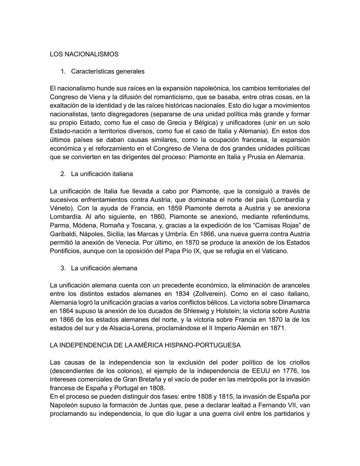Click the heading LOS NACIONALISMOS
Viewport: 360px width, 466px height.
pyautogui.click(x=84, y=54)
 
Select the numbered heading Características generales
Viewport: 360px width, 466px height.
pyautogui.click(x=108, y=71)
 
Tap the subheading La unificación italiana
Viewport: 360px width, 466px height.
pyautogui.click(x=102, y=174)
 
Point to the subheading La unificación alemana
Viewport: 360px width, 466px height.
pyautogui.click(x=104, y=268)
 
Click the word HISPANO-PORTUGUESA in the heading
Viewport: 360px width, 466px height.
pyautogui.click(x=202, y=345)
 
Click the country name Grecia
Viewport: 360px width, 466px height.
pyautogui.click(x=178, y=123)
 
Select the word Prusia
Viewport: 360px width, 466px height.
pyautogui.click(x=256, y=157)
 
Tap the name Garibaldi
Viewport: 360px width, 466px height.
pyautogui.click(x=63, y=234)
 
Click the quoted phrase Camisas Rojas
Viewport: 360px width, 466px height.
pyautogui.click(x=276, y=225)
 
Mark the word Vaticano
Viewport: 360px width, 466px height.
pyautogui.click(x=273, y=251)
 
